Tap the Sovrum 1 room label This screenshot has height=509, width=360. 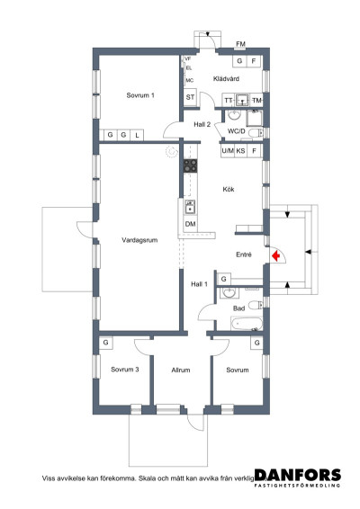click(140, 95)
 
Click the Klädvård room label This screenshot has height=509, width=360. click(225, 79)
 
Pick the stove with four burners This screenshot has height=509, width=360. click(190, 165)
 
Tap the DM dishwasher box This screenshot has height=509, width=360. click(191, 223)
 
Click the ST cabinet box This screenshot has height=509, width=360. click(191, 97)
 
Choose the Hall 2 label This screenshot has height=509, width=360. click(202, 124)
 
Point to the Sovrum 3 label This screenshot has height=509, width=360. click(124, 370)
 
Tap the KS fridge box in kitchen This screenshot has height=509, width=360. click(241, 151)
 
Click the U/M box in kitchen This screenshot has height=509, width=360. click(227, 151)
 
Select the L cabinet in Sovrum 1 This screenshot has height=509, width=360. click(137, 135)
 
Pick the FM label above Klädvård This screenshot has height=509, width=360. click(240, 43)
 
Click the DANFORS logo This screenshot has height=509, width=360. click(297, 476)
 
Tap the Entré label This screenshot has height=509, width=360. click(243, 254)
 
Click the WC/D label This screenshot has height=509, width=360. click(237, 131)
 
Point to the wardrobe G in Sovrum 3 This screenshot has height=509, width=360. click(106, 343)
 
